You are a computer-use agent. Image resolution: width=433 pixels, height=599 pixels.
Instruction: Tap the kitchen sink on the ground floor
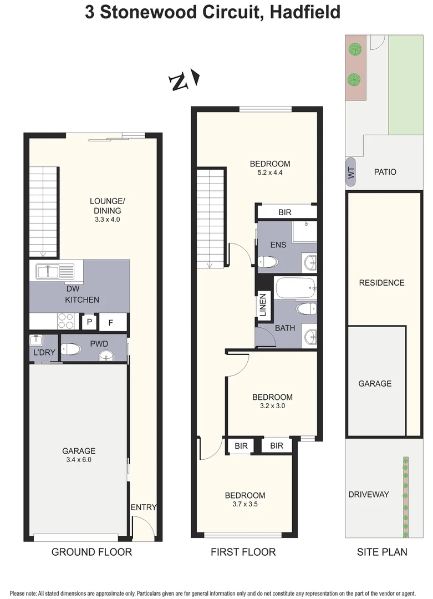(55, 272)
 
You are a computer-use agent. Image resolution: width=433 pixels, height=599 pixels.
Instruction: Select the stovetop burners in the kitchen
(66, 321)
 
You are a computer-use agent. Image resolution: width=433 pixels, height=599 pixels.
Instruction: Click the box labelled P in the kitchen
(89, 322)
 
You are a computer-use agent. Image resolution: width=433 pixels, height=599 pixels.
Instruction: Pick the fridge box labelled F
(110, 322)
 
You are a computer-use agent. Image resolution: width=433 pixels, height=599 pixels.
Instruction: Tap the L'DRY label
(43, 353)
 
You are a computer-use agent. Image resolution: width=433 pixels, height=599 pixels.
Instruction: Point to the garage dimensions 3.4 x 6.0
(79, 460)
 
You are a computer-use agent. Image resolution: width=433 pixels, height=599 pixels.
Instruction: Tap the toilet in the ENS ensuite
(270, 261)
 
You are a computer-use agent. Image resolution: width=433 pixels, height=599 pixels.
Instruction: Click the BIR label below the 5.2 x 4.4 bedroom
(285, 212)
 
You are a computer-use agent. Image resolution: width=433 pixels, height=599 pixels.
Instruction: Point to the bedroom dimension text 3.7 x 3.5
(244, 504)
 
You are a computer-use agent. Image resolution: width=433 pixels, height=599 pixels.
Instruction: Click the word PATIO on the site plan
(385, 172)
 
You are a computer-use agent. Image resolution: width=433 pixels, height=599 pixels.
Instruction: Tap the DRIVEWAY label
(369, 494)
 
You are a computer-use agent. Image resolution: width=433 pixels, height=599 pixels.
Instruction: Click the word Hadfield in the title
(305, 12)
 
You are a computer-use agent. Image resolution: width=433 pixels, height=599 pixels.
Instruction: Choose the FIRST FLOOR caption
(243, 552)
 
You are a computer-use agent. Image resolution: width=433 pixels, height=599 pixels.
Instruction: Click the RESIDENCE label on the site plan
(381, 282)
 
